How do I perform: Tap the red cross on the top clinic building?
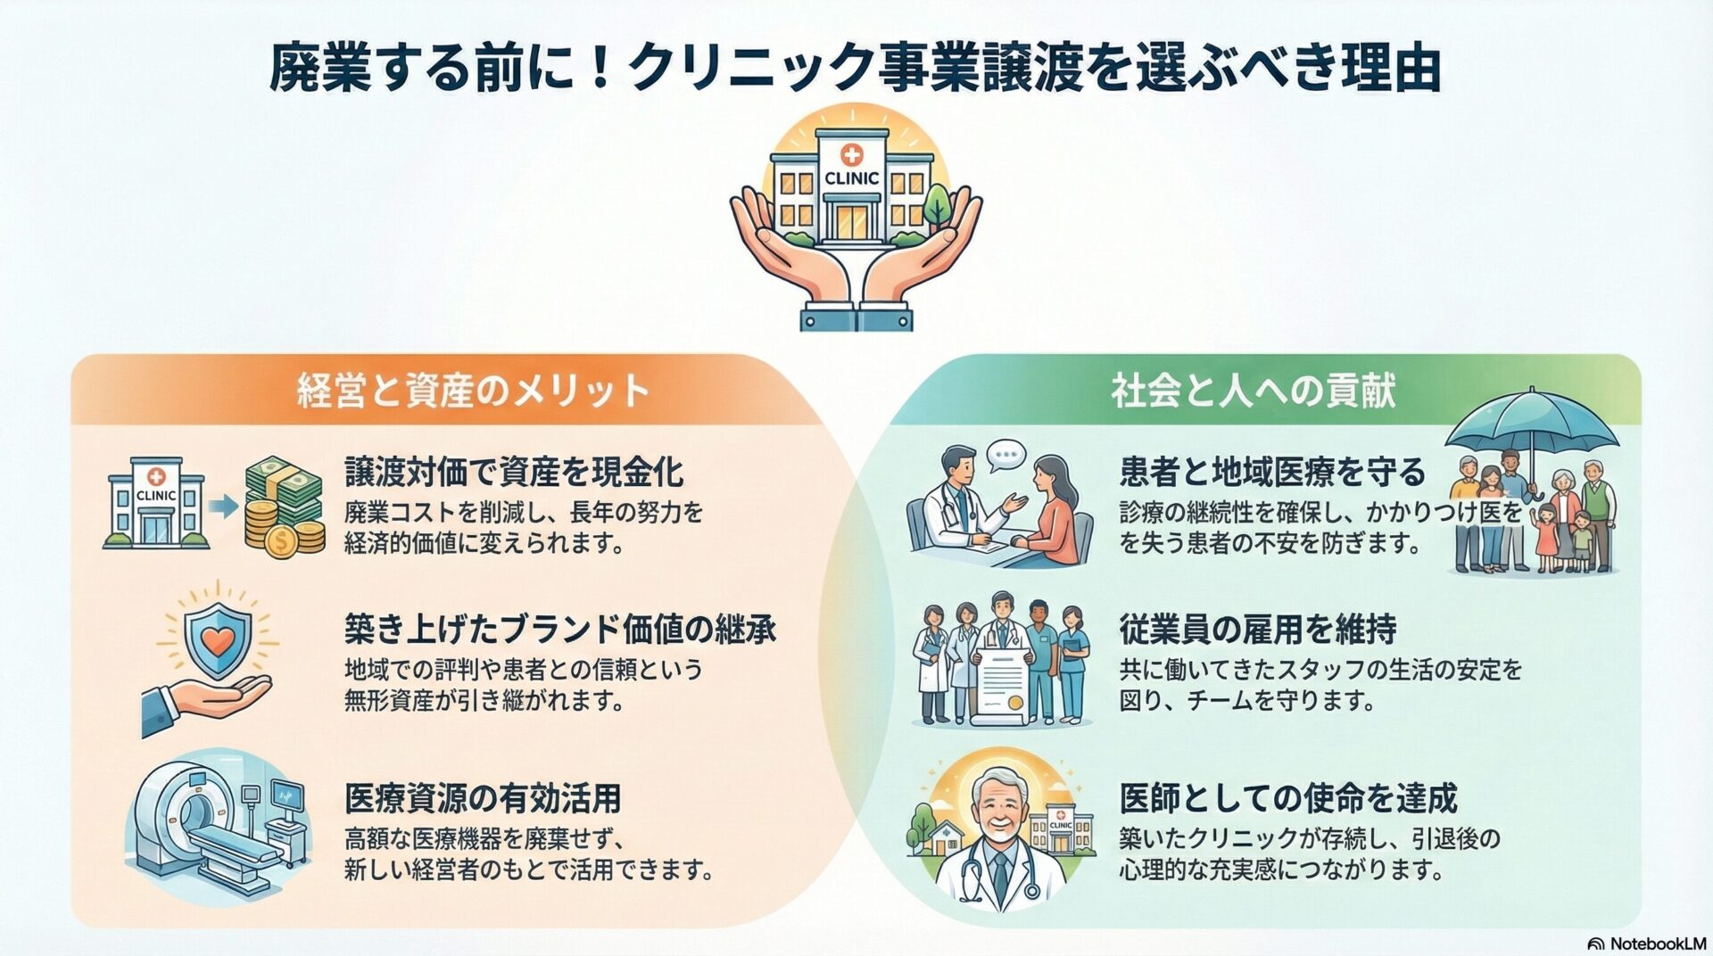(851, 156)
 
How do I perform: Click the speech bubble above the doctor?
(1006, 456)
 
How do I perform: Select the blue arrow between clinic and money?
(223, 507)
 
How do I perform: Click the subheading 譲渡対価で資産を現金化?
(514, 472)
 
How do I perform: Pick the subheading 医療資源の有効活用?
(483, 798)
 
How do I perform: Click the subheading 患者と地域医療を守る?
(1272, 472)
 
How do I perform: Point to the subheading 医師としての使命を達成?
(1288, 797)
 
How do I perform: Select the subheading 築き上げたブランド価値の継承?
(560, 630)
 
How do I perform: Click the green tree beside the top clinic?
(936, 207)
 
